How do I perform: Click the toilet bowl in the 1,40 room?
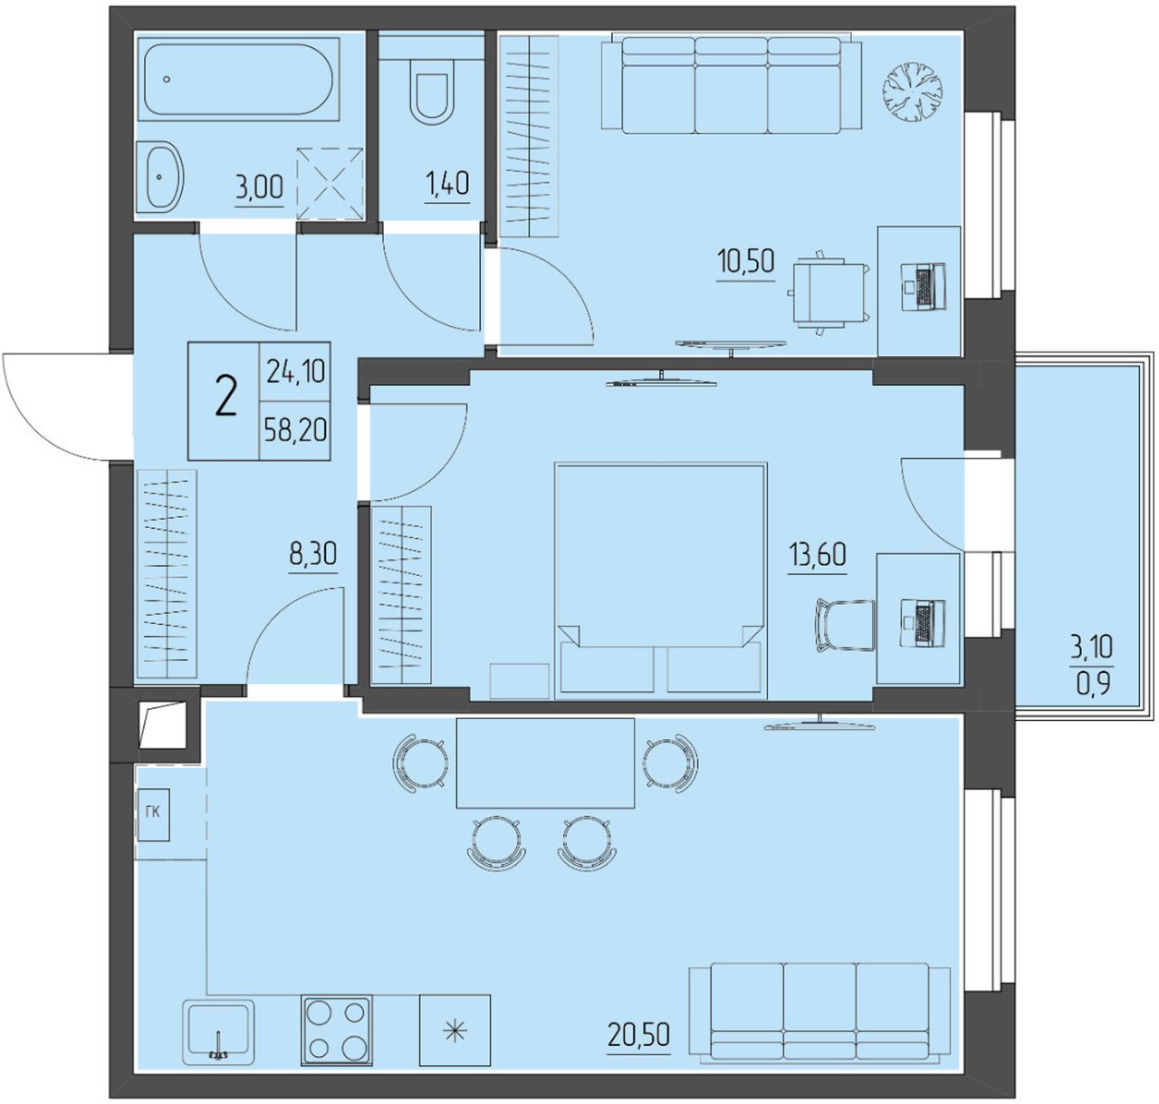(434, 98)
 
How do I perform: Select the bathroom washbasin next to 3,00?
(159, 177)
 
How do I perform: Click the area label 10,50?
(746, 260)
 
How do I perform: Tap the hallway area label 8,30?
(313, 553)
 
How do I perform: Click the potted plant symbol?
(912, 92)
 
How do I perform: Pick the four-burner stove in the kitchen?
(337, 1030)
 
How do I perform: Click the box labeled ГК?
(153, 814)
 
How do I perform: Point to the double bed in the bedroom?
(661, 581)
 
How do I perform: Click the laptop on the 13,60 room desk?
(924, 622)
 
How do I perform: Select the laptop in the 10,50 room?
(924, 285)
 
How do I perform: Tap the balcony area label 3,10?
(1092, 647)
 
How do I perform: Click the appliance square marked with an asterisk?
(455, 1030)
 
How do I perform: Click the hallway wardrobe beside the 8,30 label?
(167, 574)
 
